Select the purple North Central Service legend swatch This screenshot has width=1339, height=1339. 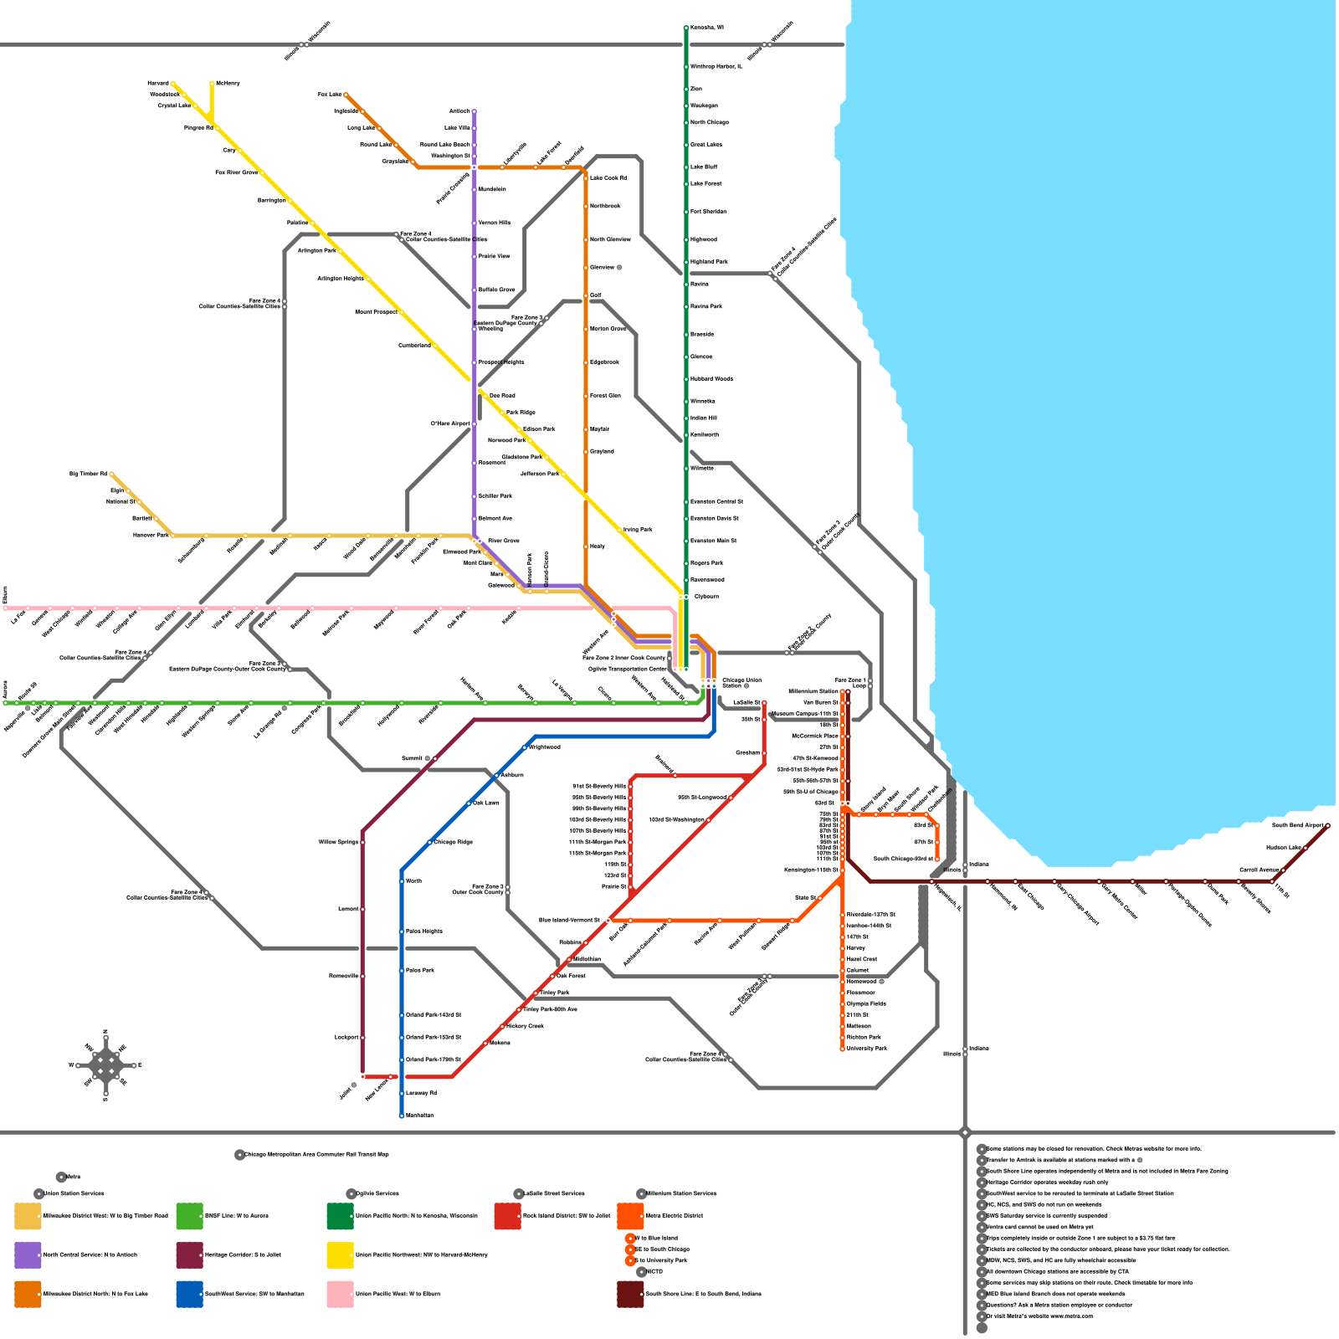28,1255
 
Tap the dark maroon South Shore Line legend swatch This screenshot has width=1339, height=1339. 630,1294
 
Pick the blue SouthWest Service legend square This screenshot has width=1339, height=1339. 189,1294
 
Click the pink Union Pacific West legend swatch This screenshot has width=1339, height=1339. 340,1294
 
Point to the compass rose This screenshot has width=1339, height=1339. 105,1065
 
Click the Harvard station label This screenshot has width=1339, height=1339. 158,84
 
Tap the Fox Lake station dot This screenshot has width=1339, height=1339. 346,95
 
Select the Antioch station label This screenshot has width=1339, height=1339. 459,111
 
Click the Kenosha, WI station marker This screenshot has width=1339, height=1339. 686,28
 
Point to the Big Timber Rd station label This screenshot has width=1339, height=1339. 88,475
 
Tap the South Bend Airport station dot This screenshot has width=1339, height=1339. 1327,825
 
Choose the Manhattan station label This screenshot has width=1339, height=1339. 420,1116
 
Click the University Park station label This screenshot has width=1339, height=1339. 866,1049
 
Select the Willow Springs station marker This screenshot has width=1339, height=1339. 362,842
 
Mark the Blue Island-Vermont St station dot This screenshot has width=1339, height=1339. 608,920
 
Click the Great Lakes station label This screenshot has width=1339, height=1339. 705,145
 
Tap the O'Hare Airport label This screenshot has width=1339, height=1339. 450,423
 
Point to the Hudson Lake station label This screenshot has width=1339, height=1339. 1283,848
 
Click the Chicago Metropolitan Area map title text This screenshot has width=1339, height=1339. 316,1155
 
